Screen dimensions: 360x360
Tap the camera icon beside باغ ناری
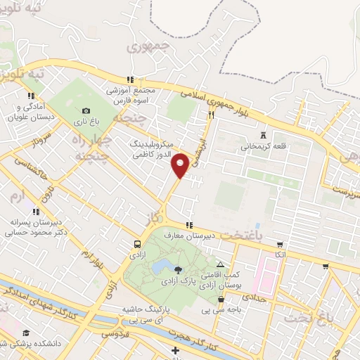point(86,110)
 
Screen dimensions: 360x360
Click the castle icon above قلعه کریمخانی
point(264,134)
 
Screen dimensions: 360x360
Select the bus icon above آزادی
point(137,245)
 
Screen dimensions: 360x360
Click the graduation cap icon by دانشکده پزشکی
point(27,333)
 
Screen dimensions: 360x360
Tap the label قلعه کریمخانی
point(264,147)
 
